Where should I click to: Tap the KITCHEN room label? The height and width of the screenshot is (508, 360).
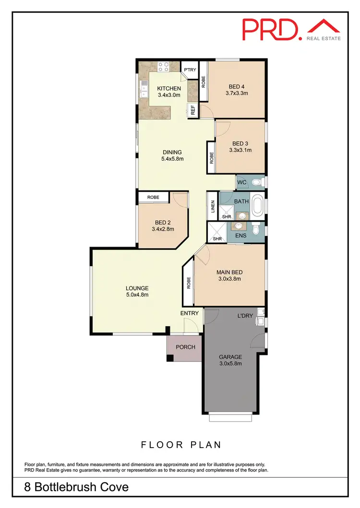coord(169,88)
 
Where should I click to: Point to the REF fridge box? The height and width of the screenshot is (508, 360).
coord(193,110)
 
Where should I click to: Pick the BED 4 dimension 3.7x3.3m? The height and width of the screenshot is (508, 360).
coord(237,94)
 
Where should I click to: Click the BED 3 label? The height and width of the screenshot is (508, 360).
coord(240,143)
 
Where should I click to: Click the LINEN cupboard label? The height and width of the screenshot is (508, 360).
coord(212,206)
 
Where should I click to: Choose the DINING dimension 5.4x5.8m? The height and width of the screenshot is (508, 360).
coord(172,159)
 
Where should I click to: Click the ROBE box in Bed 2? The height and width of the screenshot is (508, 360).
coord(153,197)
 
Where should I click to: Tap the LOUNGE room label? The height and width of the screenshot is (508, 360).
coord(137,288)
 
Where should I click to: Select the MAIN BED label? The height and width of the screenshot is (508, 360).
coord(228,271)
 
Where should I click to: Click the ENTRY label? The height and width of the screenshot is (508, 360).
coord(189,313)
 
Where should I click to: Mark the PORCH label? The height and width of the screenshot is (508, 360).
coord(185,347)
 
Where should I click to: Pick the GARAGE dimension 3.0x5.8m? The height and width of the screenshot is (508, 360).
coord(230,364)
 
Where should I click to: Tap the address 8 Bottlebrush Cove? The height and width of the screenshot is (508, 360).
coord(77,487)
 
